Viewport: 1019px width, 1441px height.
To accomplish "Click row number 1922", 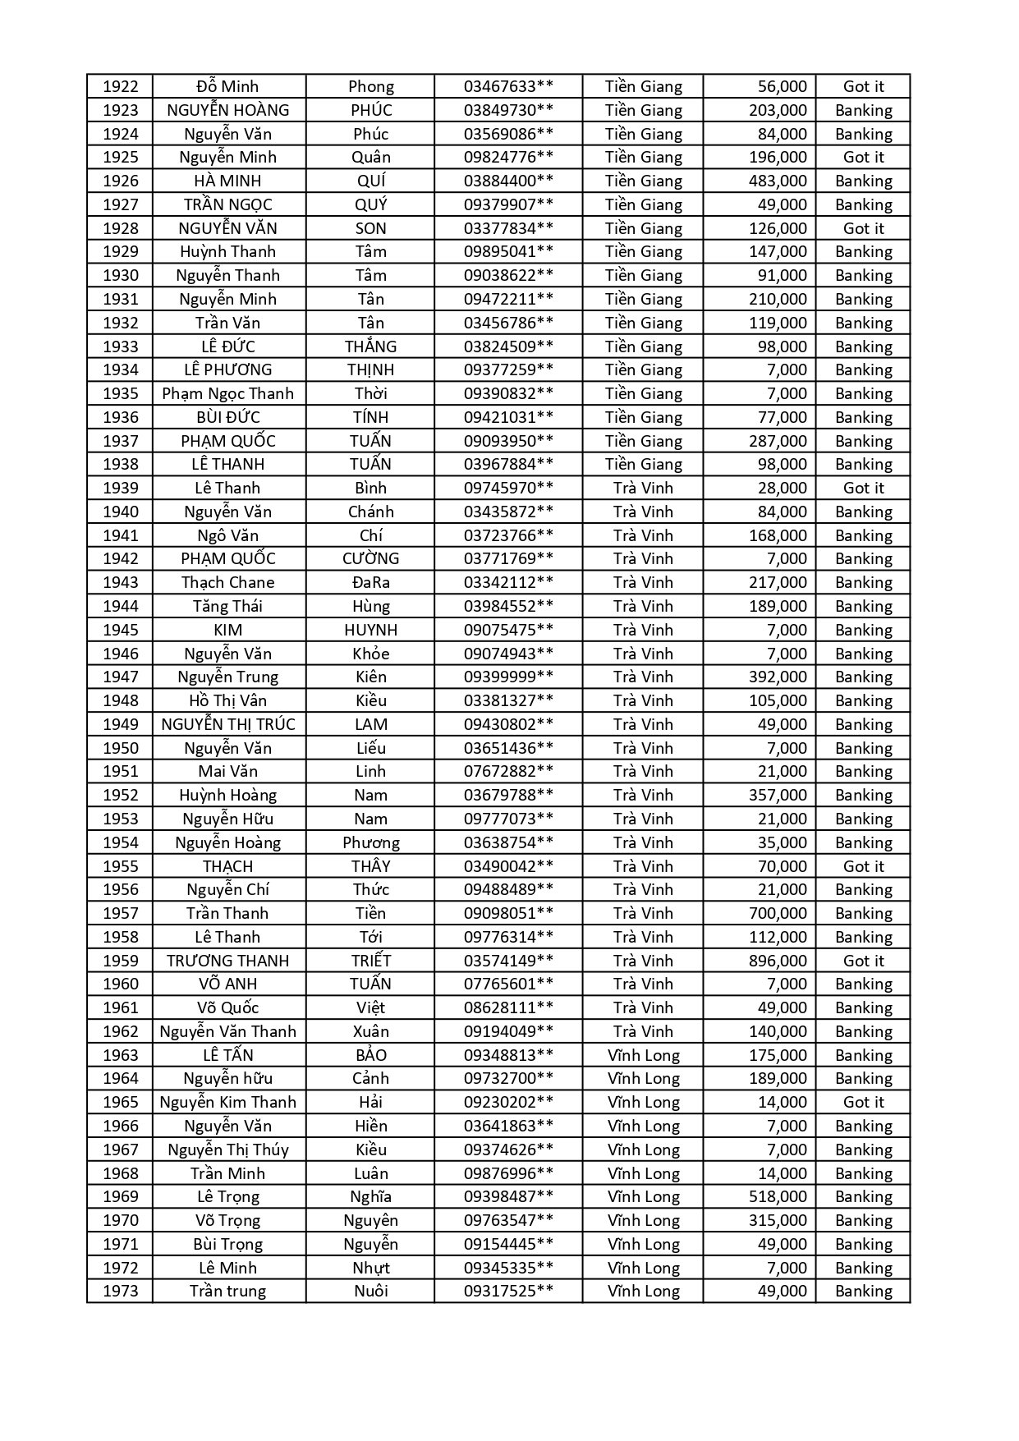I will coord(120,86).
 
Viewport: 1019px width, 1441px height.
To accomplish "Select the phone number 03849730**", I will coord(508,110).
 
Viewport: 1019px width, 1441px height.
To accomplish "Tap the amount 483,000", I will coord(778,181).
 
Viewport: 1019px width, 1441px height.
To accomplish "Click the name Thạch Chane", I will coord(228,582).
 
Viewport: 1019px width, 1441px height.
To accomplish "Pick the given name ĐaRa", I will coord(370,582).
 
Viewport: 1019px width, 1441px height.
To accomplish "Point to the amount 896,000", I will coord(778,961).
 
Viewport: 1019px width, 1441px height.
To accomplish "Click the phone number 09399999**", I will coord(508,677).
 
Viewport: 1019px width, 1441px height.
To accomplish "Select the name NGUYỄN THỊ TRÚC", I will coord(228,724).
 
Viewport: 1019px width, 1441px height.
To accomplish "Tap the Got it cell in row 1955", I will coord(863,866).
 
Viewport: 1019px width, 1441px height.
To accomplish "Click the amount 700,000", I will coord(778,913).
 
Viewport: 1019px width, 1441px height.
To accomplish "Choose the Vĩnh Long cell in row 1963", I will coord(644,1055).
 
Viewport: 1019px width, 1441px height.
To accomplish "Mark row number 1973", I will coord(120,1291).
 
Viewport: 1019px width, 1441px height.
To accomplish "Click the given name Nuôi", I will coord(370,1291).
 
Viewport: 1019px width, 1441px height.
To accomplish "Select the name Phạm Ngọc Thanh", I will coord(228,393).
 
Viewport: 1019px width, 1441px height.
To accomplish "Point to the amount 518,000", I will coord(778,1196).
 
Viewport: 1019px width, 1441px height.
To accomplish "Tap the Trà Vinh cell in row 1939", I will coord(644,488).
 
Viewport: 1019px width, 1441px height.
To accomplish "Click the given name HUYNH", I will coord(370,630).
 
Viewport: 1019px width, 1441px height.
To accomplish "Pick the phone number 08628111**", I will coord(508,1007).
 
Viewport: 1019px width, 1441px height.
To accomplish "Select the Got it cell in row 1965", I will coord(863,1102).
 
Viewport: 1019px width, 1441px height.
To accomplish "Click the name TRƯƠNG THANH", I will coord(228,961).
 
